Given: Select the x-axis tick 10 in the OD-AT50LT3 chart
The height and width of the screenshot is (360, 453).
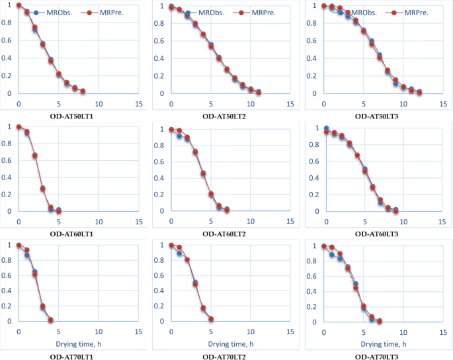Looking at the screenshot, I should [x=403, y=105].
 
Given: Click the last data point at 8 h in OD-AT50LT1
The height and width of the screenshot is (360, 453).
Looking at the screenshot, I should [x=83, y=91].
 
